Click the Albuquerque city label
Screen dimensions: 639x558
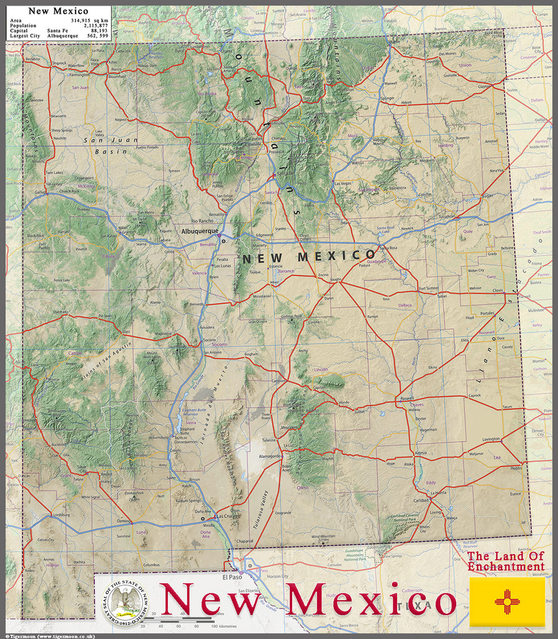point(199,231)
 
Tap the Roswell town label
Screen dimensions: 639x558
point(407,398)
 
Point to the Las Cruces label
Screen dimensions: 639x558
point(225,516)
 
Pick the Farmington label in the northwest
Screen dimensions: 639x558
point(79,74)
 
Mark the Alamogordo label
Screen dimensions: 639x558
point(271,457)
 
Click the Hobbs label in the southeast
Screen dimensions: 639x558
point(516,467)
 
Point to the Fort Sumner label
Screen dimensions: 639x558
point(429,288)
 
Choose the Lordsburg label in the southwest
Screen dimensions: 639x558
point(61,515)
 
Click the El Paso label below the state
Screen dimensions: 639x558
point(231,577)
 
